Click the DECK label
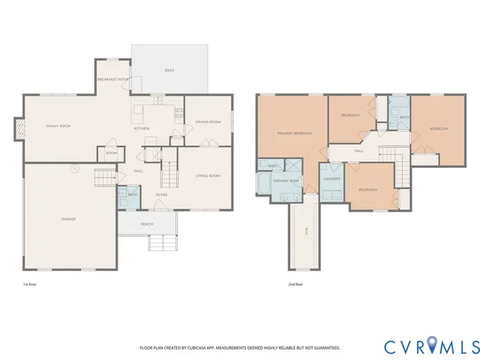point(169,70)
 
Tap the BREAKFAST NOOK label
point(112,79)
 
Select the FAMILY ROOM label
point(58,126)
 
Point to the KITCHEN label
point(141,128)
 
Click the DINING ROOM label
point(208,121)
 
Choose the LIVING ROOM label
point(208,175)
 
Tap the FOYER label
point(161,195)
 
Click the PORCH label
point(148,224)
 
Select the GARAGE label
point(68,219)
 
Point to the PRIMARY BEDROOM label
point(294,133)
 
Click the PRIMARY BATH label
point(286,181)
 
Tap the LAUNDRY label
point(332,179)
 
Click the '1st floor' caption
point(31,285)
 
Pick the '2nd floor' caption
point(295,285)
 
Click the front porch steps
point(162,244)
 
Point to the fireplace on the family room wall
point(16,128)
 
